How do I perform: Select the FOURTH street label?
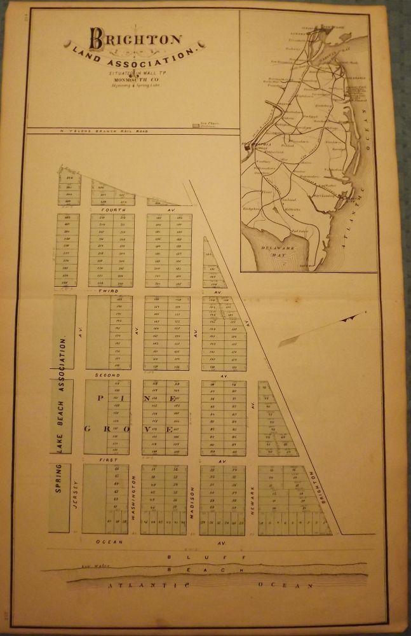pyautogui.click(x=118, y=209)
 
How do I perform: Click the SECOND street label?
pyautogui.click(x=108, y=375)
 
